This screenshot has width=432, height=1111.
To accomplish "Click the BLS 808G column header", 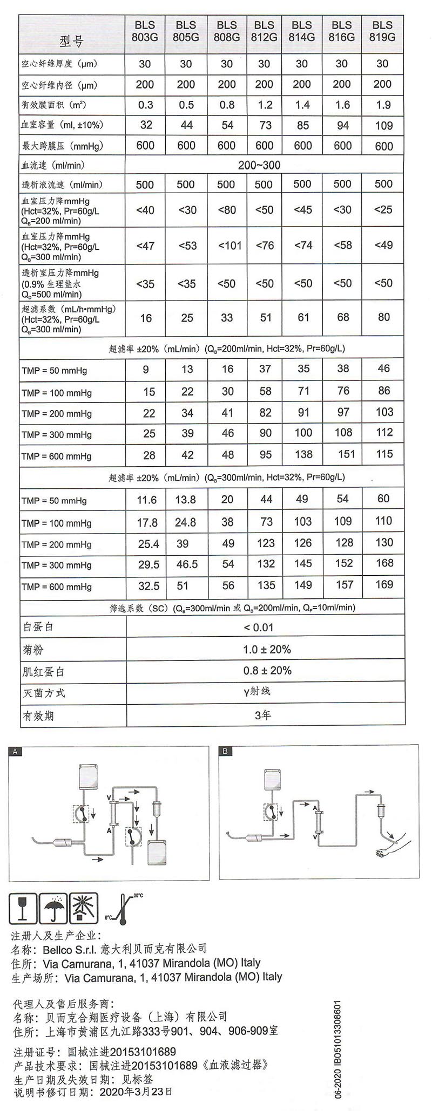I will coord(226,31).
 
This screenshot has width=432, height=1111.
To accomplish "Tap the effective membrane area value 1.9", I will coord(383,105).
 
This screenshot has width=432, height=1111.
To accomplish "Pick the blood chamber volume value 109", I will coord(383,125).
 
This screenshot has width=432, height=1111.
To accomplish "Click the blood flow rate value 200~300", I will coord(259,165).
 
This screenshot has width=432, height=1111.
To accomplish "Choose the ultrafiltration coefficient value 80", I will coord(383,317).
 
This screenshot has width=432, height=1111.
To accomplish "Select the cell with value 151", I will coord(345,454).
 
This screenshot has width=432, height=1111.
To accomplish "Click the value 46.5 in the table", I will coord(187,564).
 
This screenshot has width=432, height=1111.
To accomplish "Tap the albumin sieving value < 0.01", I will coord(259,628).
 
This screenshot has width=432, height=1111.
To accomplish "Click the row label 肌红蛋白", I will coord(43,672).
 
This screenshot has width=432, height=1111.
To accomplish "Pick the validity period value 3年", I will coord(262,715).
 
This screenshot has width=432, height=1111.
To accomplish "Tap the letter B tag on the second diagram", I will coord(225,751).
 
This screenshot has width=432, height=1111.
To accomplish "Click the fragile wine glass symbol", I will coord(23,908).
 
